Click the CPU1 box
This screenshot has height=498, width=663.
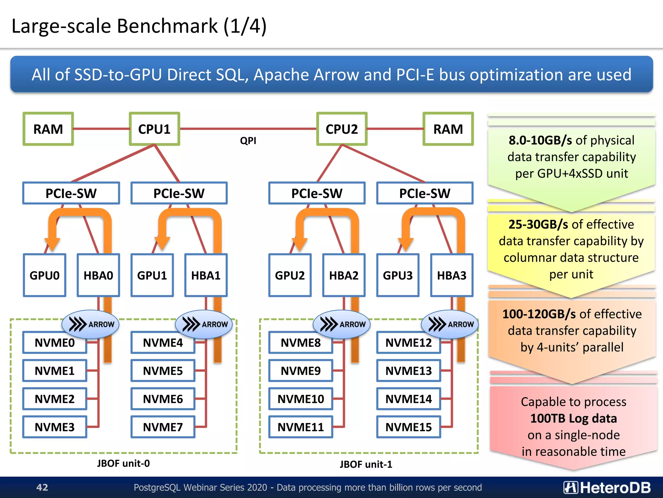tap(154, 129)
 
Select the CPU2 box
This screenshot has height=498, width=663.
tap(342, 129)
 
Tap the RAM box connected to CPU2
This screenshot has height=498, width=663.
tap(448, 129)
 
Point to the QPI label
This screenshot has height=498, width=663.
tap(248, 141)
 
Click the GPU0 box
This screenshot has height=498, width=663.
tap(45, 275)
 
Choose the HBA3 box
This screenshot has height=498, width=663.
tap(452, 275)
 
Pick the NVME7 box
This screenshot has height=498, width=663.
tap(163, 427)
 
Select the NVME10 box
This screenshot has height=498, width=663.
tap(301, 399)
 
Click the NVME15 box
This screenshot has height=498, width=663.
tap(409, 427)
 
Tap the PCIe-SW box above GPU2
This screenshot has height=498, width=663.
tap(317, 193)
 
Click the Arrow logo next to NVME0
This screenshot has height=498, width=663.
tap(91, 324)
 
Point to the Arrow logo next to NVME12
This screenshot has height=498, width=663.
tap(450, 324)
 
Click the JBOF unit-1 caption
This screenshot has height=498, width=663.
tap(366, 464)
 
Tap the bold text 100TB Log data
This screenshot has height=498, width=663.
tap(573, 418)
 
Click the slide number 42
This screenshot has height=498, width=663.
tap(42, 487)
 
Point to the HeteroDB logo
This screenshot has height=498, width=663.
tap(607, 487)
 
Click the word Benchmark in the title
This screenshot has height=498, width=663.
tap(167, 26)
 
